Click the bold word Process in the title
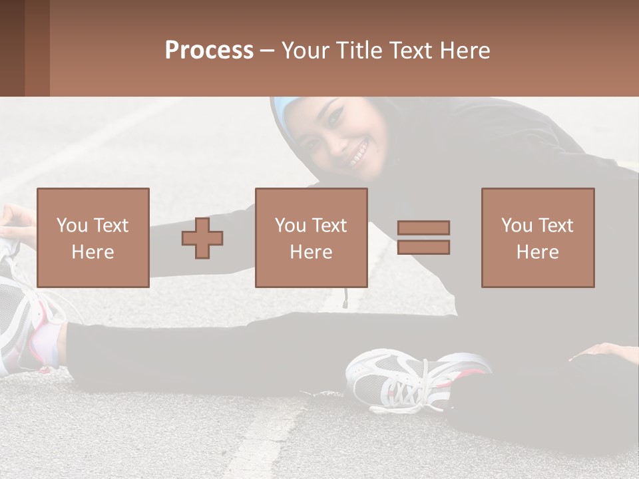pos(209,51)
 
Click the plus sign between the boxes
pos(202,238)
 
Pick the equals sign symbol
pos(423,238)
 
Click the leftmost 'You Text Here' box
pos(93,238)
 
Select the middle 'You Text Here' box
pos(311,238)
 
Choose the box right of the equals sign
pos(537,238)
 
